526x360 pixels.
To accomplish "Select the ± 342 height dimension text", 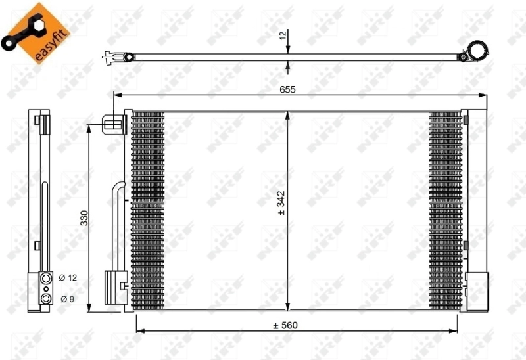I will click(281, 203).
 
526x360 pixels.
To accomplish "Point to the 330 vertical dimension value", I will click(84, 218).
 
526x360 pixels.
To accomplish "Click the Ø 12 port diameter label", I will click(68, 278).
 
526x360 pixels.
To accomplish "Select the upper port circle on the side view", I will click(46, 280).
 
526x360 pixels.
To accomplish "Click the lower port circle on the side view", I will click(46, 299).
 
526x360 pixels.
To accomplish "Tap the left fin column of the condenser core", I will click(147, 210).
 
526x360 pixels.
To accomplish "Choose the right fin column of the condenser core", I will click(445, 210).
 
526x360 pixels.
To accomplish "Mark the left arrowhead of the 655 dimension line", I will click(118, 96).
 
